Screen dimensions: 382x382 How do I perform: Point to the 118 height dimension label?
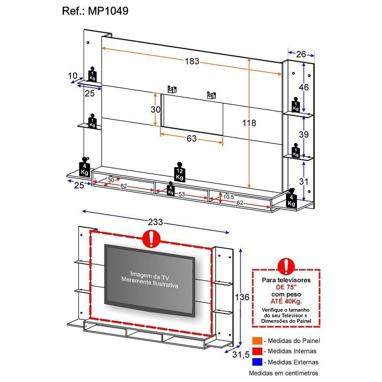249,123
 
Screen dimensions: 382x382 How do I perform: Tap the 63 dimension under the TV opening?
191,138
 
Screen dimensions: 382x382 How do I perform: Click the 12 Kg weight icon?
180,174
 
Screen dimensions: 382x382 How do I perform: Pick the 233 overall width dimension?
155,222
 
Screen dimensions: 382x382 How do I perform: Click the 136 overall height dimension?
243,297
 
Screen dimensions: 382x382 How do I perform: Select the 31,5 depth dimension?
241,355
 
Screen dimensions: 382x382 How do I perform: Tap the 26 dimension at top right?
301,54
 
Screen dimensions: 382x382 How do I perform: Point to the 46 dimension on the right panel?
304,87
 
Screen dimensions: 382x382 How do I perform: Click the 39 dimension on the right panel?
304,134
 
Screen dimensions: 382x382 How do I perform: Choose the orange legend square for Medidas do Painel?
257,341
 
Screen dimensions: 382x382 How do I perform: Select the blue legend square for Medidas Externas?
257,362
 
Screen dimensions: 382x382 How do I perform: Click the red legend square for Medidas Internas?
257,351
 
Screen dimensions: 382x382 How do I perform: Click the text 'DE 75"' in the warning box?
286,287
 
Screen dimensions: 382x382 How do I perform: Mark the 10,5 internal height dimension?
228,197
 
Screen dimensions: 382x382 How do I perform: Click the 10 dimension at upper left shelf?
73,76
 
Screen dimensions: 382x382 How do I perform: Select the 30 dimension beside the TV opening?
155,110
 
